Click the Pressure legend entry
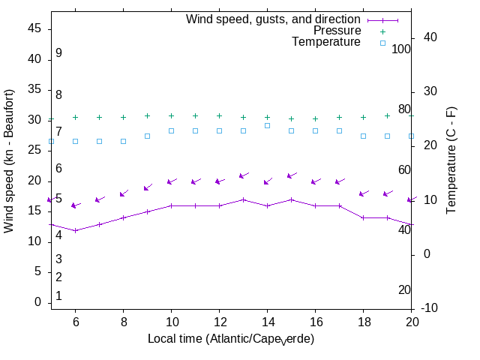pos(337,31)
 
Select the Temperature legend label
pos(326,42)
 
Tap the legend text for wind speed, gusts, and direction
pos(274,19)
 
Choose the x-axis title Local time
pos(231,339)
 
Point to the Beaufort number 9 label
pos(58,53)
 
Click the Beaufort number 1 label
pos(58,296)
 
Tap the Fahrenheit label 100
pos(402,49)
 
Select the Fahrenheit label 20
pos(404,289)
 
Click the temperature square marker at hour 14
pos(267,125)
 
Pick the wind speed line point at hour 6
pos(75,230)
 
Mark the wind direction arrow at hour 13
pos(243,175)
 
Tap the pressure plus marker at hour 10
pos(171,115)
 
